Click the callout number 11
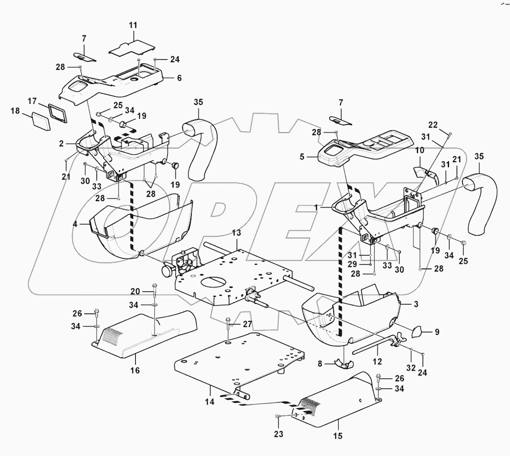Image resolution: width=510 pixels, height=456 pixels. pos(132,25)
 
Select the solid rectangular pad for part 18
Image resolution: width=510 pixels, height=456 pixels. pos(40,122)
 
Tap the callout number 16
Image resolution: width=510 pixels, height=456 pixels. pos(135,371)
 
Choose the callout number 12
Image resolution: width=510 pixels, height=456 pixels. pos(378,362)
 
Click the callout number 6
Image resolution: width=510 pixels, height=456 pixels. pos(179,78)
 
